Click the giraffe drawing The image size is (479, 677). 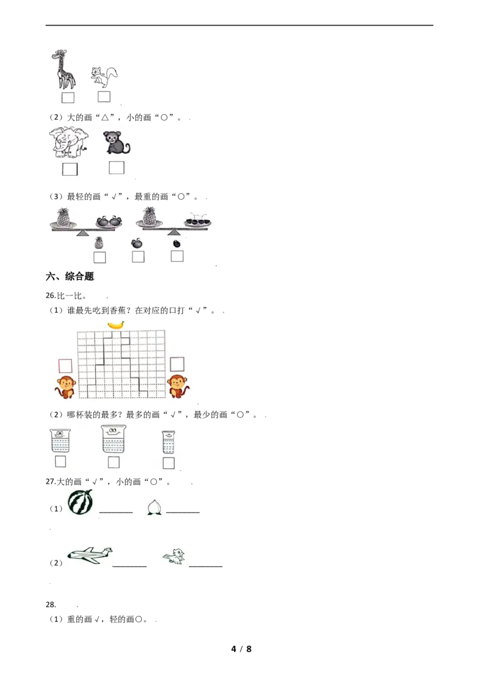pos(64,69)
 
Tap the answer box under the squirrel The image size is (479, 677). pos(104,97)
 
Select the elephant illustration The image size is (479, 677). pos(68,142)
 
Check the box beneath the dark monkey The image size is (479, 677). pos(116,167)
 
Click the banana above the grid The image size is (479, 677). pos(116,325)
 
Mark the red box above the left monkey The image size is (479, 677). pos(65,365)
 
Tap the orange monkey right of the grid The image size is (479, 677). pos(178,386)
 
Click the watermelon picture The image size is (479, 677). pos(80,502)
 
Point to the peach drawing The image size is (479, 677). pos(154,508)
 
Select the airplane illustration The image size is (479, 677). pos(90,555)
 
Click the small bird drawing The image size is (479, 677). pos(175,557)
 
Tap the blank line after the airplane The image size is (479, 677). pos(129,566)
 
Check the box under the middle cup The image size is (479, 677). pos(114,462)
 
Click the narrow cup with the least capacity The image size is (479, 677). pos(168,442)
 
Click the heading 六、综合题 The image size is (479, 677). pos(69,276)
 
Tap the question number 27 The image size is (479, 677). pos(51,481)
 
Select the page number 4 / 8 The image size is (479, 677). pos(241,649)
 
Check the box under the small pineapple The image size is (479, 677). pos(99,257)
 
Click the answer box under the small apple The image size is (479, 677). pos(138,257)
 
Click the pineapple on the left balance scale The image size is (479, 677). pos(63,217)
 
